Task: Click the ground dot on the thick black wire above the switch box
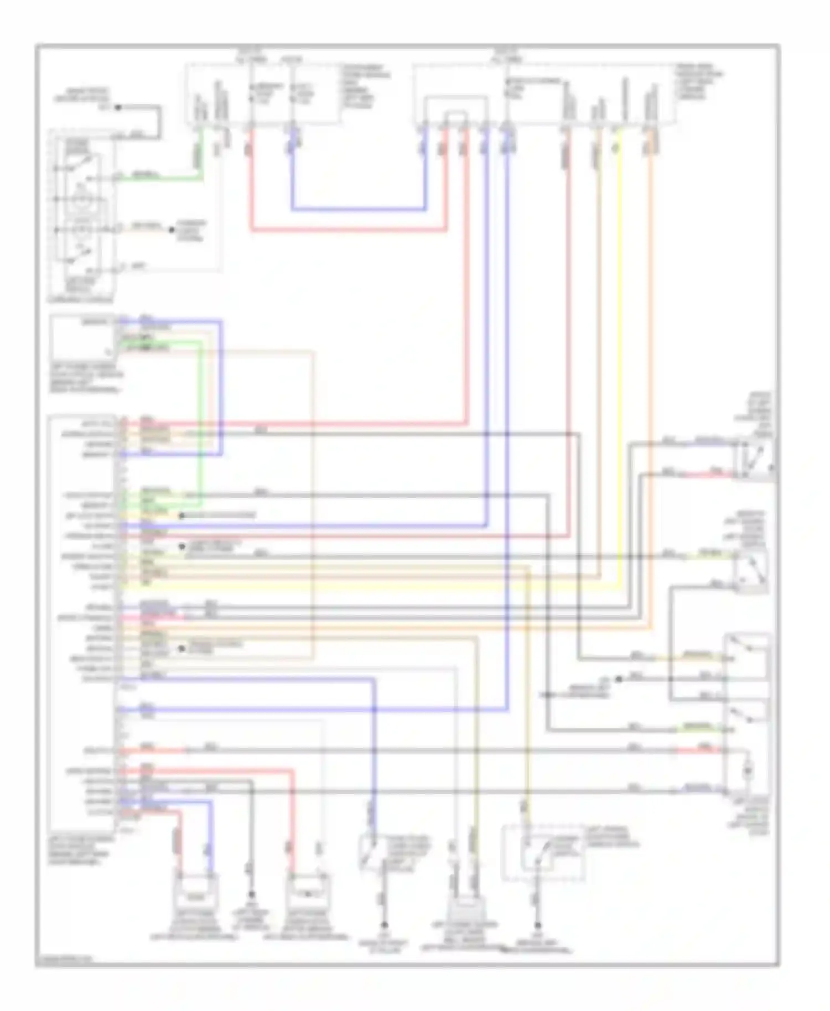pyautogui.click(x=118, y=107)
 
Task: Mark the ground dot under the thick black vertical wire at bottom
pyautogui.click(x=251, y=894)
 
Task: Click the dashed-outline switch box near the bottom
pyautogui.click(x=543, y=853)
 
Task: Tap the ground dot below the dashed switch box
pyautogui.click(x=537, y=925)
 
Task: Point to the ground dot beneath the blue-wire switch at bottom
pyautogui.click(x=383, y=925)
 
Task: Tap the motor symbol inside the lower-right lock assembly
pyautogui.click(x=748, y=769)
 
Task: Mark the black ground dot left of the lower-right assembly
pyautogui.click(x=619, y=679)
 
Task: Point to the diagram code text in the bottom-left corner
pyautogui.click(x=64, y=960)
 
